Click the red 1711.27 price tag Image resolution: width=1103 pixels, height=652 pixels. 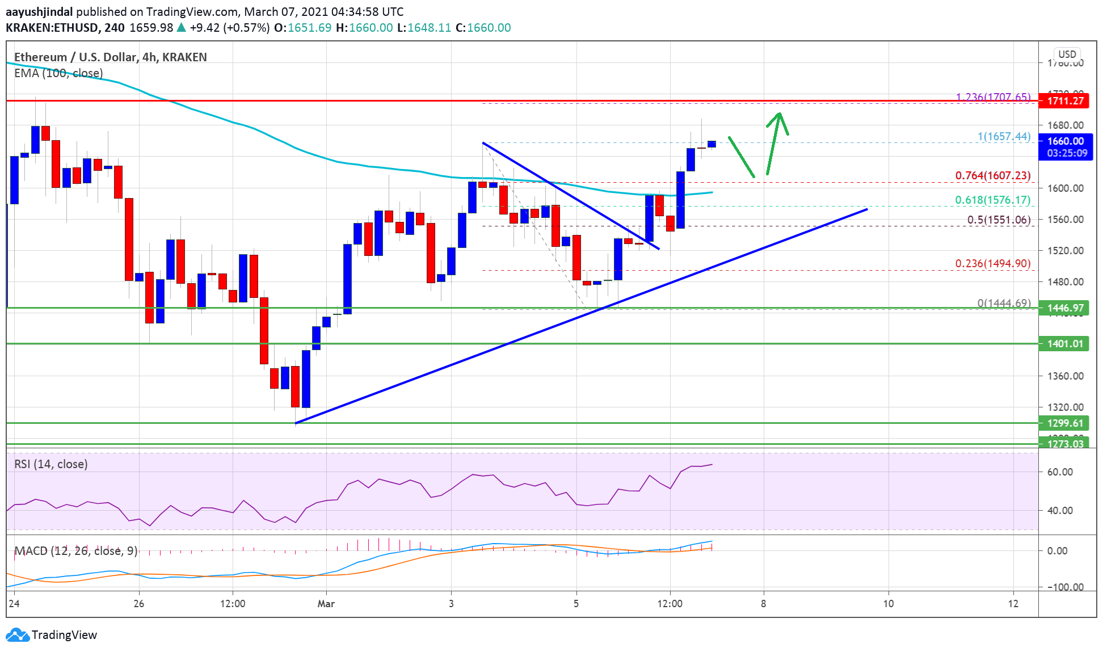click(1065, 101)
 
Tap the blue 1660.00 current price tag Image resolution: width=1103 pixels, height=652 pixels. click(1065, 141)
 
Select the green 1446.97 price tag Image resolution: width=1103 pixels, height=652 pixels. click(1065, 308)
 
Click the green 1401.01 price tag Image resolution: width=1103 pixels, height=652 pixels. click(1065, 343)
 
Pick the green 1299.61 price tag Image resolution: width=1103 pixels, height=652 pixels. click(1065, 423)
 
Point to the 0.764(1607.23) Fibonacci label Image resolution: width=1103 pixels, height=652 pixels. click(992, 175)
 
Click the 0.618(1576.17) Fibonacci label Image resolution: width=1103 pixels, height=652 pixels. click(992, 200)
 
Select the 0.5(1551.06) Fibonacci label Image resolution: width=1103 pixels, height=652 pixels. click(999, 220)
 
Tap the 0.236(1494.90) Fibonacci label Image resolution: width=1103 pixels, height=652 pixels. click(992, 263)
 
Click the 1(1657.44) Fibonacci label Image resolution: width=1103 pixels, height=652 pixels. click(1003, 136)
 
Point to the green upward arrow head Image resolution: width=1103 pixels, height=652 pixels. click(780, 116)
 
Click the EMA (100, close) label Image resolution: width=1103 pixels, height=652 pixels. click(58, 73)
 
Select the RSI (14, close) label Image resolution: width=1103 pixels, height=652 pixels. click(51, 464)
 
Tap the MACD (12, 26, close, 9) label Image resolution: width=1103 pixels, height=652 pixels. click(76, 551)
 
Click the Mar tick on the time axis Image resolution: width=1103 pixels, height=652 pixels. click(326, 603)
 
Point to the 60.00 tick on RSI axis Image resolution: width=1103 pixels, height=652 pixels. click(1059, 472)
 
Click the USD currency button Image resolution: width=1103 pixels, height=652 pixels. click(1067, 54)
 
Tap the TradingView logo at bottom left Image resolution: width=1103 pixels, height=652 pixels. click(52, 634)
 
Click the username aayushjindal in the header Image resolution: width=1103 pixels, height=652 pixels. click(39, 11)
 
